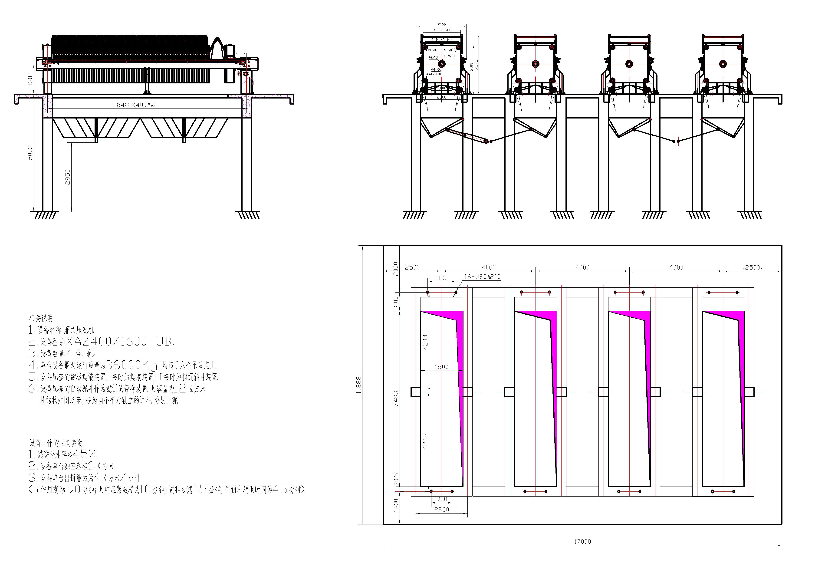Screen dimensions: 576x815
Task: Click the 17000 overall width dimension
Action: [x=582, y=541]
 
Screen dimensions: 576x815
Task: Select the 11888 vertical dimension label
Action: [x=359, y=385]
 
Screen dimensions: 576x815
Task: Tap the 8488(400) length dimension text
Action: [x=136, y=105]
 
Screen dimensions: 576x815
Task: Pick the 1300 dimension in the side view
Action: [x=30, y=79]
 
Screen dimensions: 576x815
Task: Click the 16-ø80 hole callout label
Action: [x=482, y=277]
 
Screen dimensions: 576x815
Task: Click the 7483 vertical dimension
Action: [x=396, y=398]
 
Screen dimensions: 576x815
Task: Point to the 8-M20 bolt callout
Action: [x=449, y=56]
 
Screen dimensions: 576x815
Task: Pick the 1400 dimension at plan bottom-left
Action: [x=396, y=505]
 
